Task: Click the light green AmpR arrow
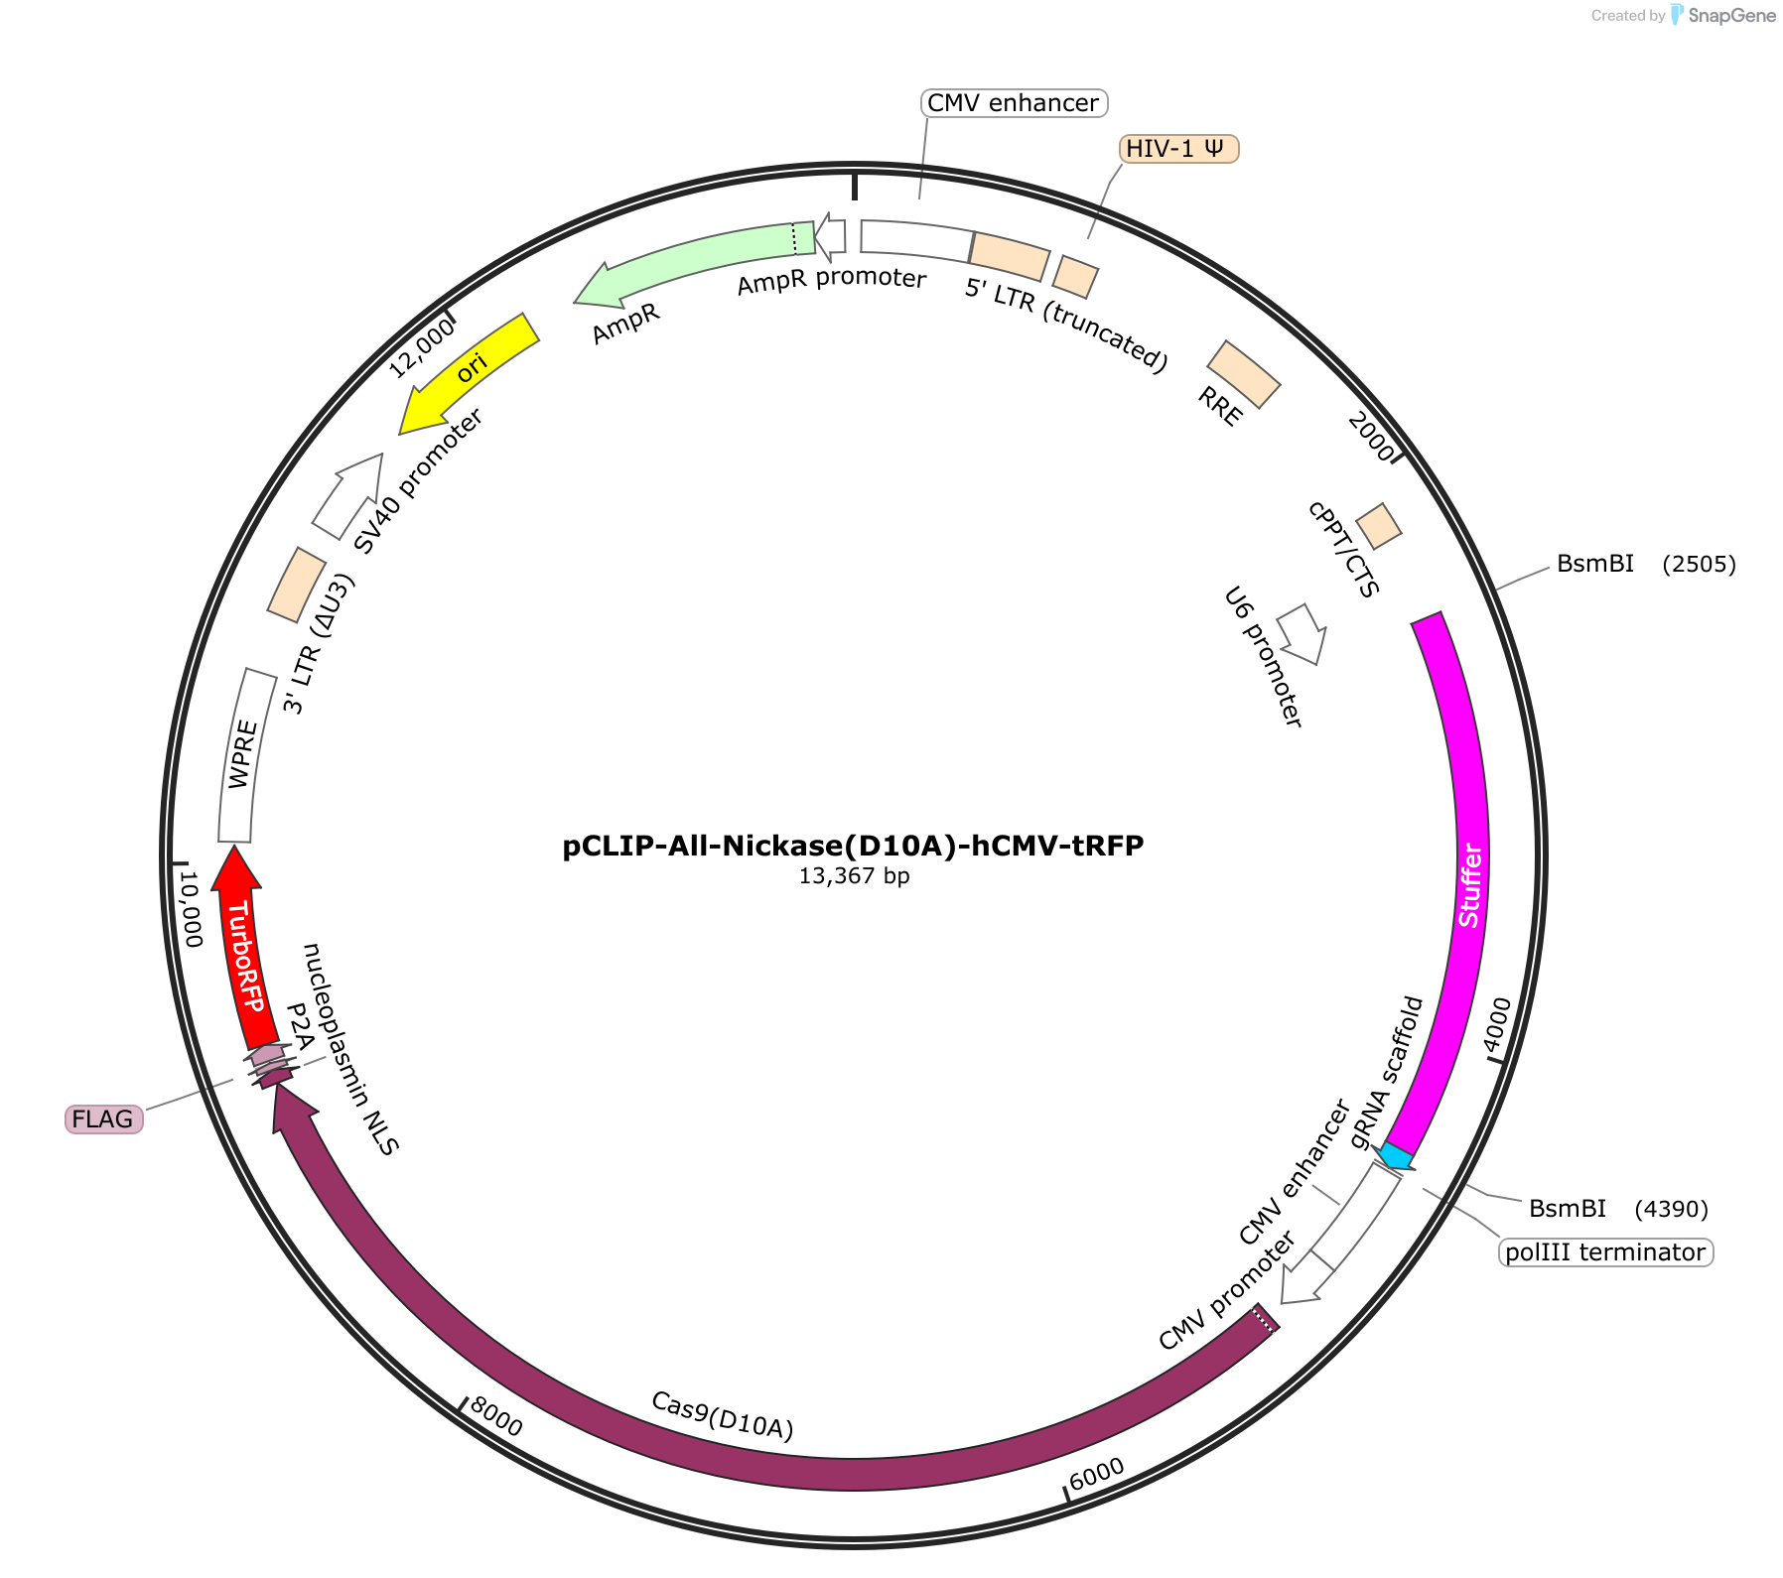(695, 260)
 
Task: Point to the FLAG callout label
(103, 1119)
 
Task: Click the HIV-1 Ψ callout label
(1178, 149)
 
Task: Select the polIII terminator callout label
(1605, 1252)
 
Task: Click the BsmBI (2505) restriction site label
(1646, 564)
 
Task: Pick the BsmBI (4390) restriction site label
(1618, 1209)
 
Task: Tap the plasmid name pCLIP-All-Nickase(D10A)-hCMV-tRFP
(853, 846)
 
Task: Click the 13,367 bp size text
(854, 876)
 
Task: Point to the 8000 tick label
(495, 1416)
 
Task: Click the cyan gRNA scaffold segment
(1396, 1156)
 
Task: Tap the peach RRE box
(1244, 374)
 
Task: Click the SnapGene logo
(1723, 15)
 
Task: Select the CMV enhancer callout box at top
(1014, 103)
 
